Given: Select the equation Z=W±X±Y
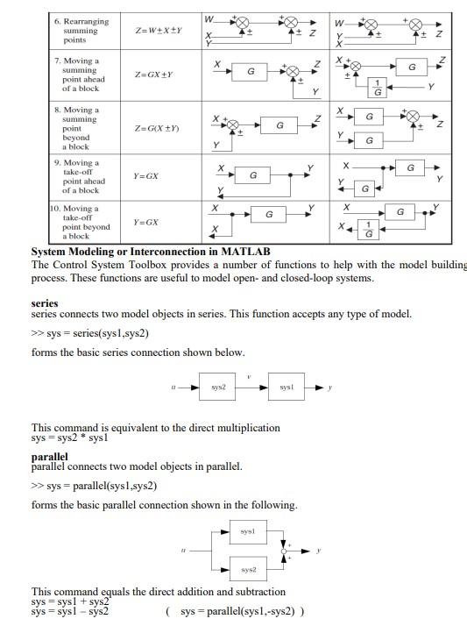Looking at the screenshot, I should pyautogui.click(x=158, y=30).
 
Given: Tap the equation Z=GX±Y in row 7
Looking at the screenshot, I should pyautogui.click(x=153, y=75).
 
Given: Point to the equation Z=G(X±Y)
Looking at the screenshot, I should pyautogui.click(x=157, y=129).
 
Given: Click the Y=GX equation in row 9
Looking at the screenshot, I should pyautogui.click(x=145, y=176).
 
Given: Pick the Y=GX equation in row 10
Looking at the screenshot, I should pyautogui.click(x=145, y=223).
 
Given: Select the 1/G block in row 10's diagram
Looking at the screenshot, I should pyautogui.click(x=368, y=231).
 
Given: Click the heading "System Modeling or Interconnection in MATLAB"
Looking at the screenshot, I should pyautogui.click(x=151, y=252).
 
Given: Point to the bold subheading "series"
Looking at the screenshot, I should pyautogui.click(x=45, y=303).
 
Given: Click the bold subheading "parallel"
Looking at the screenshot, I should pyautogui.click(x=49, y=457).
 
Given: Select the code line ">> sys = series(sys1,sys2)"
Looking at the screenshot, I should pyautogui.click(x=90, y=333).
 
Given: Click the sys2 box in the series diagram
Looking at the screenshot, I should pyautogui.click(x=218, y=387).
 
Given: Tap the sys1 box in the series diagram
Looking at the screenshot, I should pyautogui.click(x=287, y=387).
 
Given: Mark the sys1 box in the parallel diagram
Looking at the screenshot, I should pyautogui.click(x=247, y=531).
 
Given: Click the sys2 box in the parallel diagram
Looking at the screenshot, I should pyautogui.click(x=247, y=569).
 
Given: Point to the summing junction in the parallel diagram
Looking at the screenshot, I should pyautogui.click(x=284, y=551).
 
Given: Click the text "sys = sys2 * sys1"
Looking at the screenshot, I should pyautogui.click(x=70, y=437).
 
